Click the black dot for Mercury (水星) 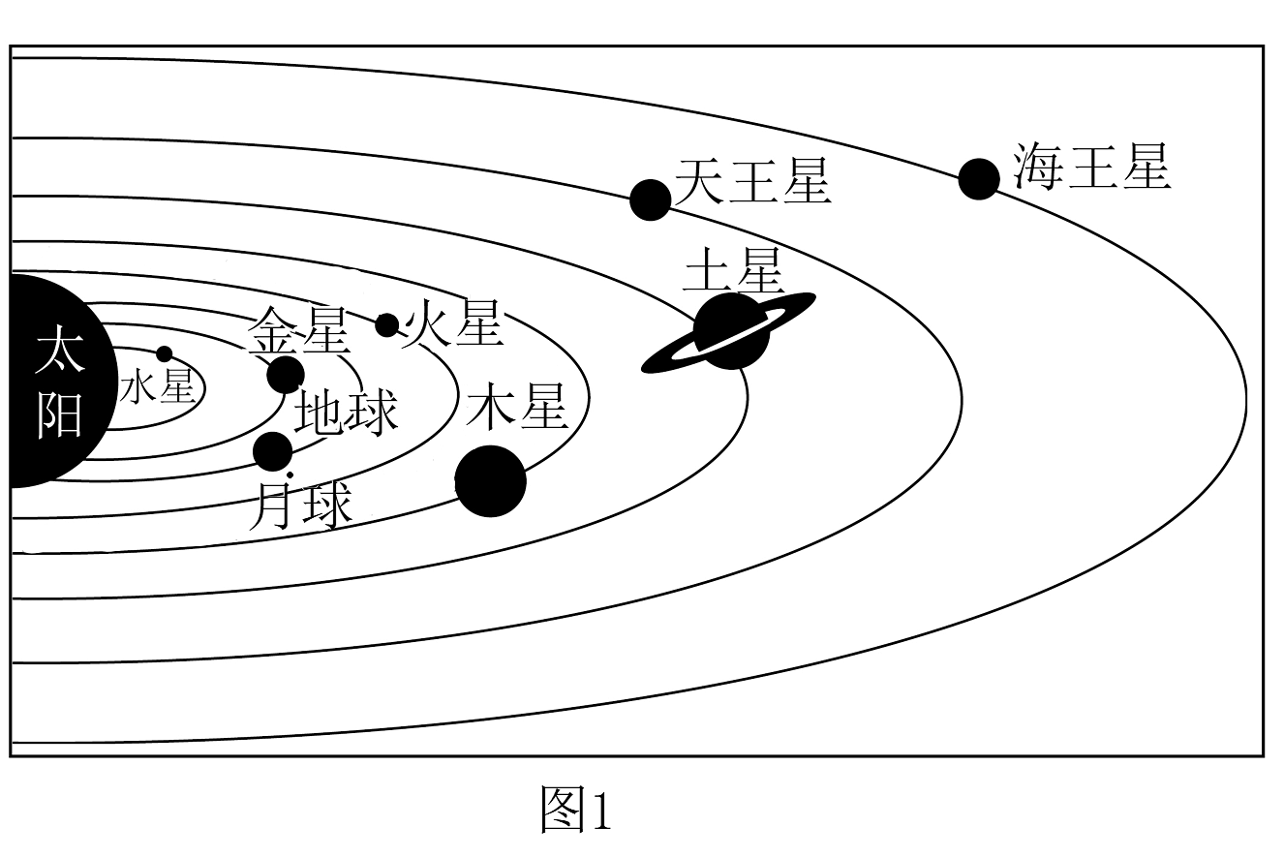(165, 354)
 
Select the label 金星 (298, 331)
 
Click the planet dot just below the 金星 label (286, 375)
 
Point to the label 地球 (347, 413)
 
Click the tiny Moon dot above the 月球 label (290, 475)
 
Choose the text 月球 (300, 506)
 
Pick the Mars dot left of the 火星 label (387, 325)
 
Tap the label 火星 (452, 322)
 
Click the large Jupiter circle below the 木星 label (490, 481)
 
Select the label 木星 (517, 407)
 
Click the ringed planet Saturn (728, 332)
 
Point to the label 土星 (733, 270)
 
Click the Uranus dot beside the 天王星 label (650, 200)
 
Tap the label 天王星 (753, 181)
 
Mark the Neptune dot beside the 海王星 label (979, 179)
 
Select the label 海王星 (1091, 167)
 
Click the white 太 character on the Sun (60, 349)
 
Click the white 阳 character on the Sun (59, 414)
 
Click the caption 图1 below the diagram (576, 810)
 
